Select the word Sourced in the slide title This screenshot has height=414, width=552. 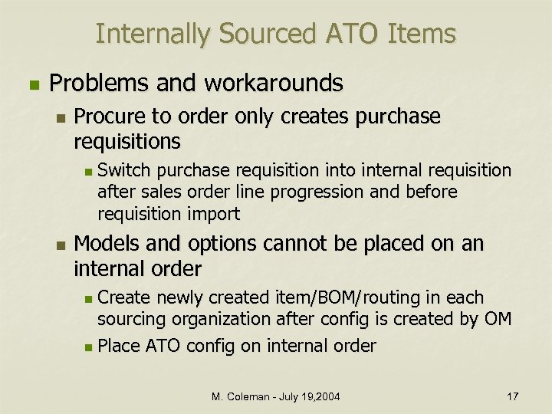(x=266, y=34)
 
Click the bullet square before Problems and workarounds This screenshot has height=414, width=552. (x=31, y=82)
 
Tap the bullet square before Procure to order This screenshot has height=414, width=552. (x=61, y=117)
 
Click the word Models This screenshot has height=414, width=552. (x=105, y=245)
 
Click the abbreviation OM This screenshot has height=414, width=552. (x=497, y=319)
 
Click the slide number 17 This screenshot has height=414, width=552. (x=512, y=396)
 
